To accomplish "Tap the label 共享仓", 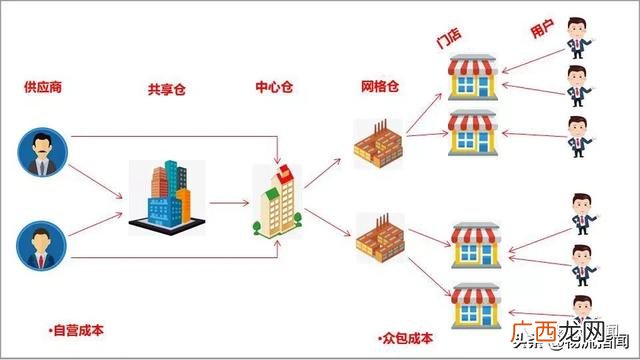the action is (166, 90).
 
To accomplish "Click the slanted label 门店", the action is (448, 41).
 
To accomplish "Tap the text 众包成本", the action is (405, 339).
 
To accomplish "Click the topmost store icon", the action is (472, 77).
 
